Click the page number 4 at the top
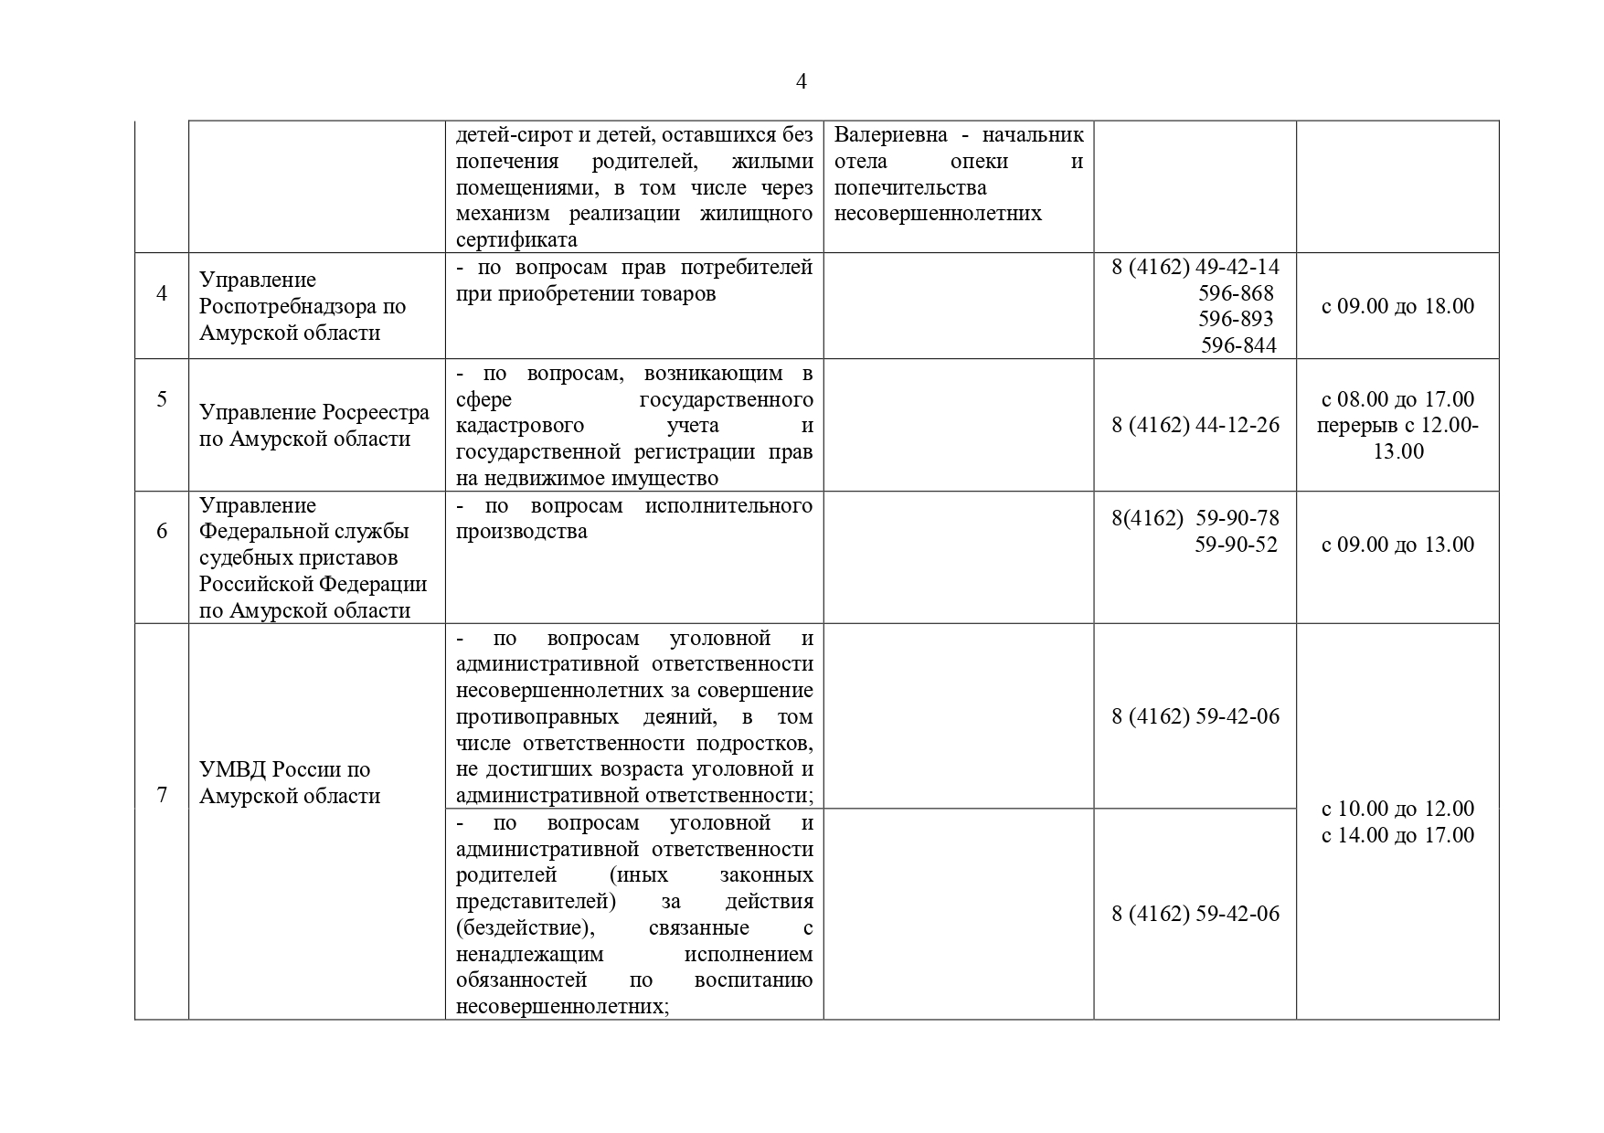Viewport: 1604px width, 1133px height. click(x=802, y=82)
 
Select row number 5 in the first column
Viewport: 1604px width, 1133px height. click(x=162, y=399)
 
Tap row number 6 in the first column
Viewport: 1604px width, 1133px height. click(x=162, y=531)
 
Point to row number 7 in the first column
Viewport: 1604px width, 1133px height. click(x=162, y=795)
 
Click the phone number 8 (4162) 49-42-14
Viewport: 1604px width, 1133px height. click(x=1195, y=267)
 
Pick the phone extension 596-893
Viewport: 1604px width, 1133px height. click(x=1236, y=319)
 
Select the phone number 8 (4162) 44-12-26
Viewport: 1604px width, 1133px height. click(x=1195, y=425)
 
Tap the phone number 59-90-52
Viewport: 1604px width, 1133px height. click(x=1236, y=545)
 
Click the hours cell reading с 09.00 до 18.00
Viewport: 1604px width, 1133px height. click(x=1397, y=306)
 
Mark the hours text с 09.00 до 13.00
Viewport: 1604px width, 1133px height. click(x=1397, y=545)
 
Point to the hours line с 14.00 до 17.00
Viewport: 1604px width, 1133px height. click(x=1397, y=835)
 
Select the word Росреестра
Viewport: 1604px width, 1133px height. click(x=376, y=412)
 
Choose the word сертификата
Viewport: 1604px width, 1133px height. click(x=516, y=240)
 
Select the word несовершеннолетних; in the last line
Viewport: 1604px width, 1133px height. click(x=562, y=1007)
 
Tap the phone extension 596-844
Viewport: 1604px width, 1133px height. click(x=1238, y=345)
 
